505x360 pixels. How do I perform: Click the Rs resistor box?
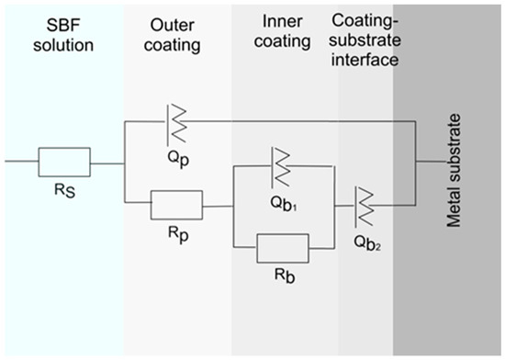coord(64,163)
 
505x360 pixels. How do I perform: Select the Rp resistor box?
coord(177,205)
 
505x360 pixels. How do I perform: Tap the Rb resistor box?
coord(283,248)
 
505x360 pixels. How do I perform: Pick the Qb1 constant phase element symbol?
coord(280,167)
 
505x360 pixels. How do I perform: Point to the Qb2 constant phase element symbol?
coord(365,207)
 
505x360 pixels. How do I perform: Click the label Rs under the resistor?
coord(65,191)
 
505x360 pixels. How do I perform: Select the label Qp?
coord(178,159)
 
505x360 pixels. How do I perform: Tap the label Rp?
coord(178,234)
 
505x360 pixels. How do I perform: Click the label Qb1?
coord(284,204)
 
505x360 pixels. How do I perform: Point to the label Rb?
coord(285,276)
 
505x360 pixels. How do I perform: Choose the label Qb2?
coord(367,242)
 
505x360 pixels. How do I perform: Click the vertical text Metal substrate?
coord(454,171)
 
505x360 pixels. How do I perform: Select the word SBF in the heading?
coord(63,25)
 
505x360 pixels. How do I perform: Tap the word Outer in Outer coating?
coord(173,25)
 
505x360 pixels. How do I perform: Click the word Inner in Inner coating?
coord(282,21)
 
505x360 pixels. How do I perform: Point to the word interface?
coord(365,60)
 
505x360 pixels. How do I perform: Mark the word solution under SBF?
coord(63,45)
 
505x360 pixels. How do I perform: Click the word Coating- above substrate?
coord(365,21)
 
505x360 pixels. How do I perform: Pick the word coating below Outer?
coord(173,46)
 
